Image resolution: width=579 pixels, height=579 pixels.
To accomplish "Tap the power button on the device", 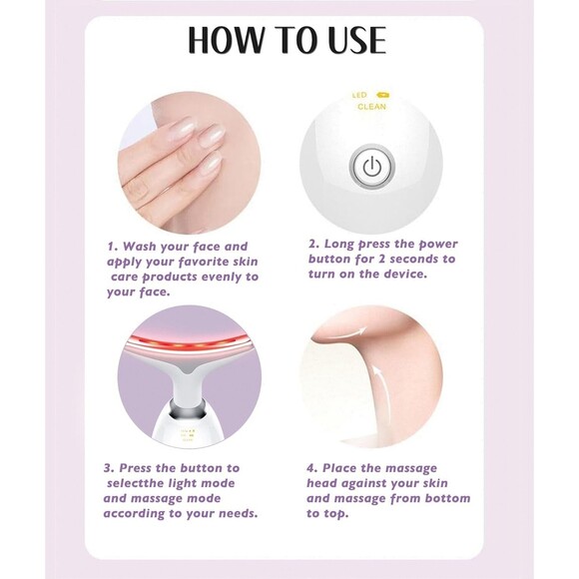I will click(371, 167).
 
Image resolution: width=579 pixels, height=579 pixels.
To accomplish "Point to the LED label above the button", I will click(359, 96).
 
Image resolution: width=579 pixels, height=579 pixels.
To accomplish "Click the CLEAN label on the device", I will click(371, 106).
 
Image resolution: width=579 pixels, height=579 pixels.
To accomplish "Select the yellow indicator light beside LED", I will click(382, 96).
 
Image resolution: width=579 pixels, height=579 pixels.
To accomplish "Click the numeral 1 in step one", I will click(111, 246).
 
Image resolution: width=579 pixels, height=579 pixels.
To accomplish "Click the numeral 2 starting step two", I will click(311, 242).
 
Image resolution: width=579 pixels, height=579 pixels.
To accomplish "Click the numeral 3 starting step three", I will click(109, 466).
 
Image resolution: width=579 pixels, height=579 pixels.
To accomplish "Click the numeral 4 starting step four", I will click(310, 466).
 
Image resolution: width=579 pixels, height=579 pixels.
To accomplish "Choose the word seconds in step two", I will click(421, 258).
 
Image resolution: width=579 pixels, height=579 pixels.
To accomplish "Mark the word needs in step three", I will click(234, 513).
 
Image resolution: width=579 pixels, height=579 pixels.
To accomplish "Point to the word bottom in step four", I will click(447, 497).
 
